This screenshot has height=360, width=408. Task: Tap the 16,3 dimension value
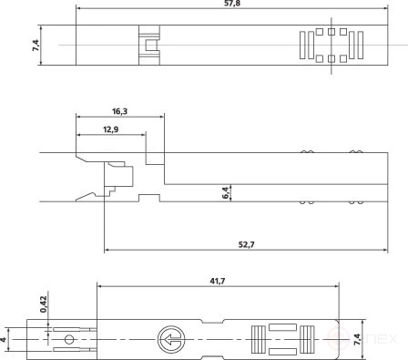coord(120,110)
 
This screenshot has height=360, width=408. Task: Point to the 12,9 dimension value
coord(110,129)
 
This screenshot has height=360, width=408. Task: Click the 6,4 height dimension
coord(226,192)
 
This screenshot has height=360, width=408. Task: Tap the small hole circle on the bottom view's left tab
coord(68,341)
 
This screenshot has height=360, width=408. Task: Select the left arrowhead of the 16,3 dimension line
coord(79,118)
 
